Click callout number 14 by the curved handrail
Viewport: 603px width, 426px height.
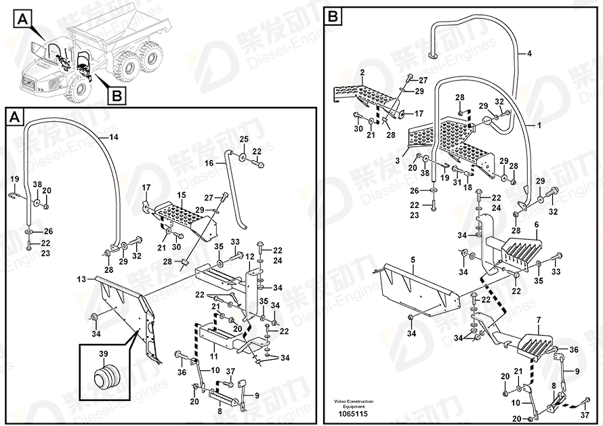click(113, 137)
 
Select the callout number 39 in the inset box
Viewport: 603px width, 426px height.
click(104, 354)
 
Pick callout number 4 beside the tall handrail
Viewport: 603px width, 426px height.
click(529, 53)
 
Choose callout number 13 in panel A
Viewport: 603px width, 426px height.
click(81, 279)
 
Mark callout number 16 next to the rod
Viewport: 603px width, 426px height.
click(209, 163)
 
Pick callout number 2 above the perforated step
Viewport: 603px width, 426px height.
click(362, 72)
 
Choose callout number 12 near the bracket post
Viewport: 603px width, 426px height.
click(250, 256)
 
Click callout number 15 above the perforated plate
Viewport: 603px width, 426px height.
click(181, 195)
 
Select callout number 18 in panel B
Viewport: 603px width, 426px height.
click(468, 187)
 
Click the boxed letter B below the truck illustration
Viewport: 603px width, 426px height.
click(116, 96)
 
